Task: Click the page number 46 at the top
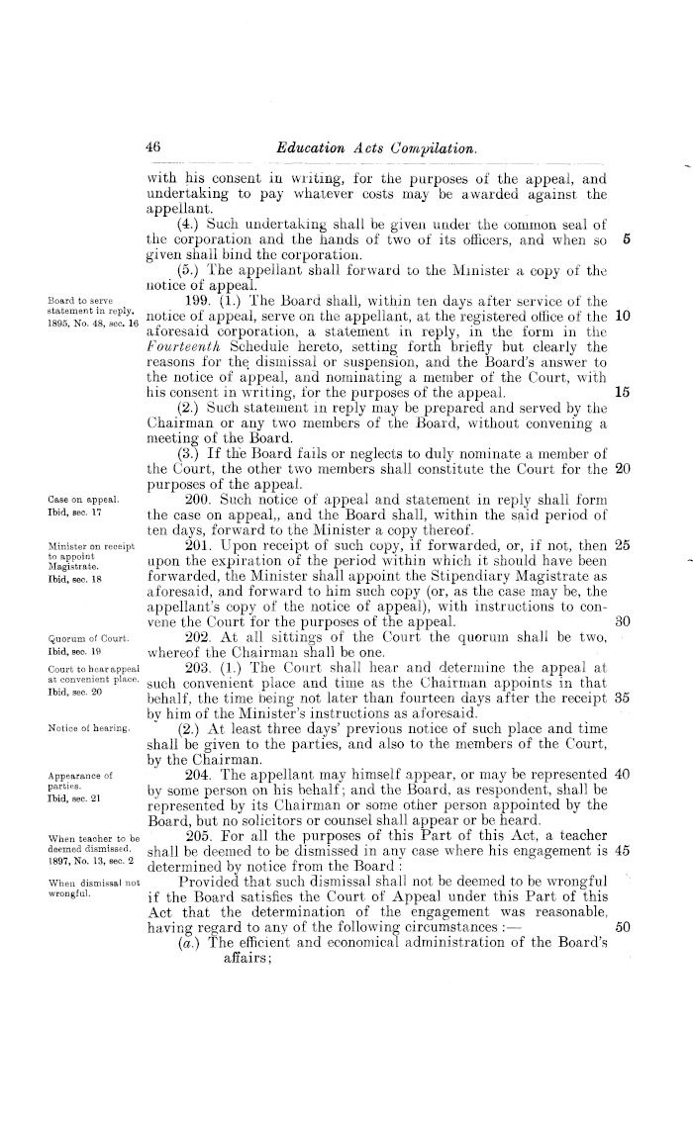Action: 153,147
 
